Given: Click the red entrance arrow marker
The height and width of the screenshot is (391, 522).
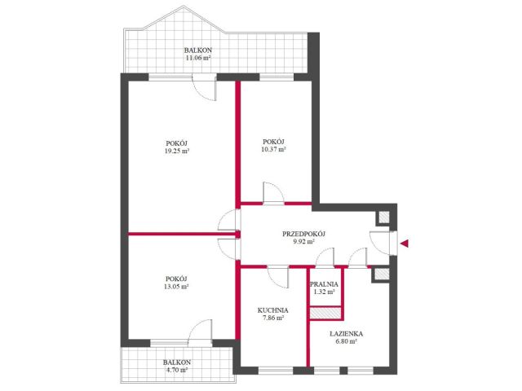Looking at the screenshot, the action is coord(405,244).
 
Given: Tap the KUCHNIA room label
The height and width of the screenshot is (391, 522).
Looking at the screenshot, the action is coord(273,310).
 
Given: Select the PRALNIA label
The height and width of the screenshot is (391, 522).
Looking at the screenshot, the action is coord(324,284).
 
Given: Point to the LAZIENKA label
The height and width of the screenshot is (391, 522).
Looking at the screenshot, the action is coord(346,334).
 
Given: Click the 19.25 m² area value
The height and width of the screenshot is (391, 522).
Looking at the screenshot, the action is coord(176,151).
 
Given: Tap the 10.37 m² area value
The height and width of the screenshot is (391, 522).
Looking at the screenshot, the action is coord(274,149).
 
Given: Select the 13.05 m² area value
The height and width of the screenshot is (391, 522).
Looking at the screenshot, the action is coord(176,286).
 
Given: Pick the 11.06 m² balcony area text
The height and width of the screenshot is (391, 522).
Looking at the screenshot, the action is coord(198,58).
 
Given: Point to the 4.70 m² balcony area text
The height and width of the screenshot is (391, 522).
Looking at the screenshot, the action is coord(177,370).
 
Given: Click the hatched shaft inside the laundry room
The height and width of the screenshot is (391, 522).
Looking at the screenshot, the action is coord(326,313).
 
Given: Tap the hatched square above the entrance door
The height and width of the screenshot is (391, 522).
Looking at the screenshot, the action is coord(383,217).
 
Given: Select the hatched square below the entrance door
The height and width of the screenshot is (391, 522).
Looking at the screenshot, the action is coord(382,274).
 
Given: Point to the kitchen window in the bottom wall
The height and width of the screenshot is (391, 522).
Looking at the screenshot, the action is coord(276,370).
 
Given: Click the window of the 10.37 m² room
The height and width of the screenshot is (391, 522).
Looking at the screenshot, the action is coord(276,78).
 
